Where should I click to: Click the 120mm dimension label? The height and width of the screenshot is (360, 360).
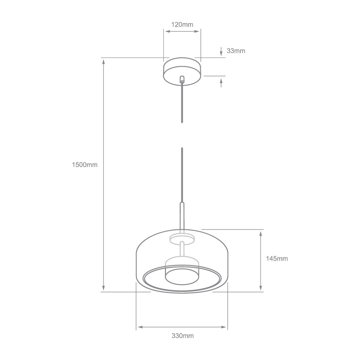click(x=182, y=24)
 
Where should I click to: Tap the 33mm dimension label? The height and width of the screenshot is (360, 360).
click(x=236, y=51)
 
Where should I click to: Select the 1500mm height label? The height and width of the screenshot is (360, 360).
click(x=85, y=165)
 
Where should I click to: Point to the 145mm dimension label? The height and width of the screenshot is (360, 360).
click(x=276, y=259)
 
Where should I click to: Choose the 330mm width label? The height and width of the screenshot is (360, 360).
click(x=183, y=336)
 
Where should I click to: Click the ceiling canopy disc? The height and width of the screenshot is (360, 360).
click(x=182, y=71)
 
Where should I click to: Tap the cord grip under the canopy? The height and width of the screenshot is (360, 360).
click(x=182, y=79)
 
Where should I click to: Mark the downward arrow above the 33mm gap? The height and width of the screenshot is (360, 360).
click(x=221, y=51)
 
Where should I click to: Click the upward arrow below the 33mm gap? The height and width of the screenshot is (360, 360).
click(x=221, y=83)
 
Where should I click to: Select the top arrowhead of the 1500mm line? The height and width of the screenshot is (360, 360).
click(x=104, y=62)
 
